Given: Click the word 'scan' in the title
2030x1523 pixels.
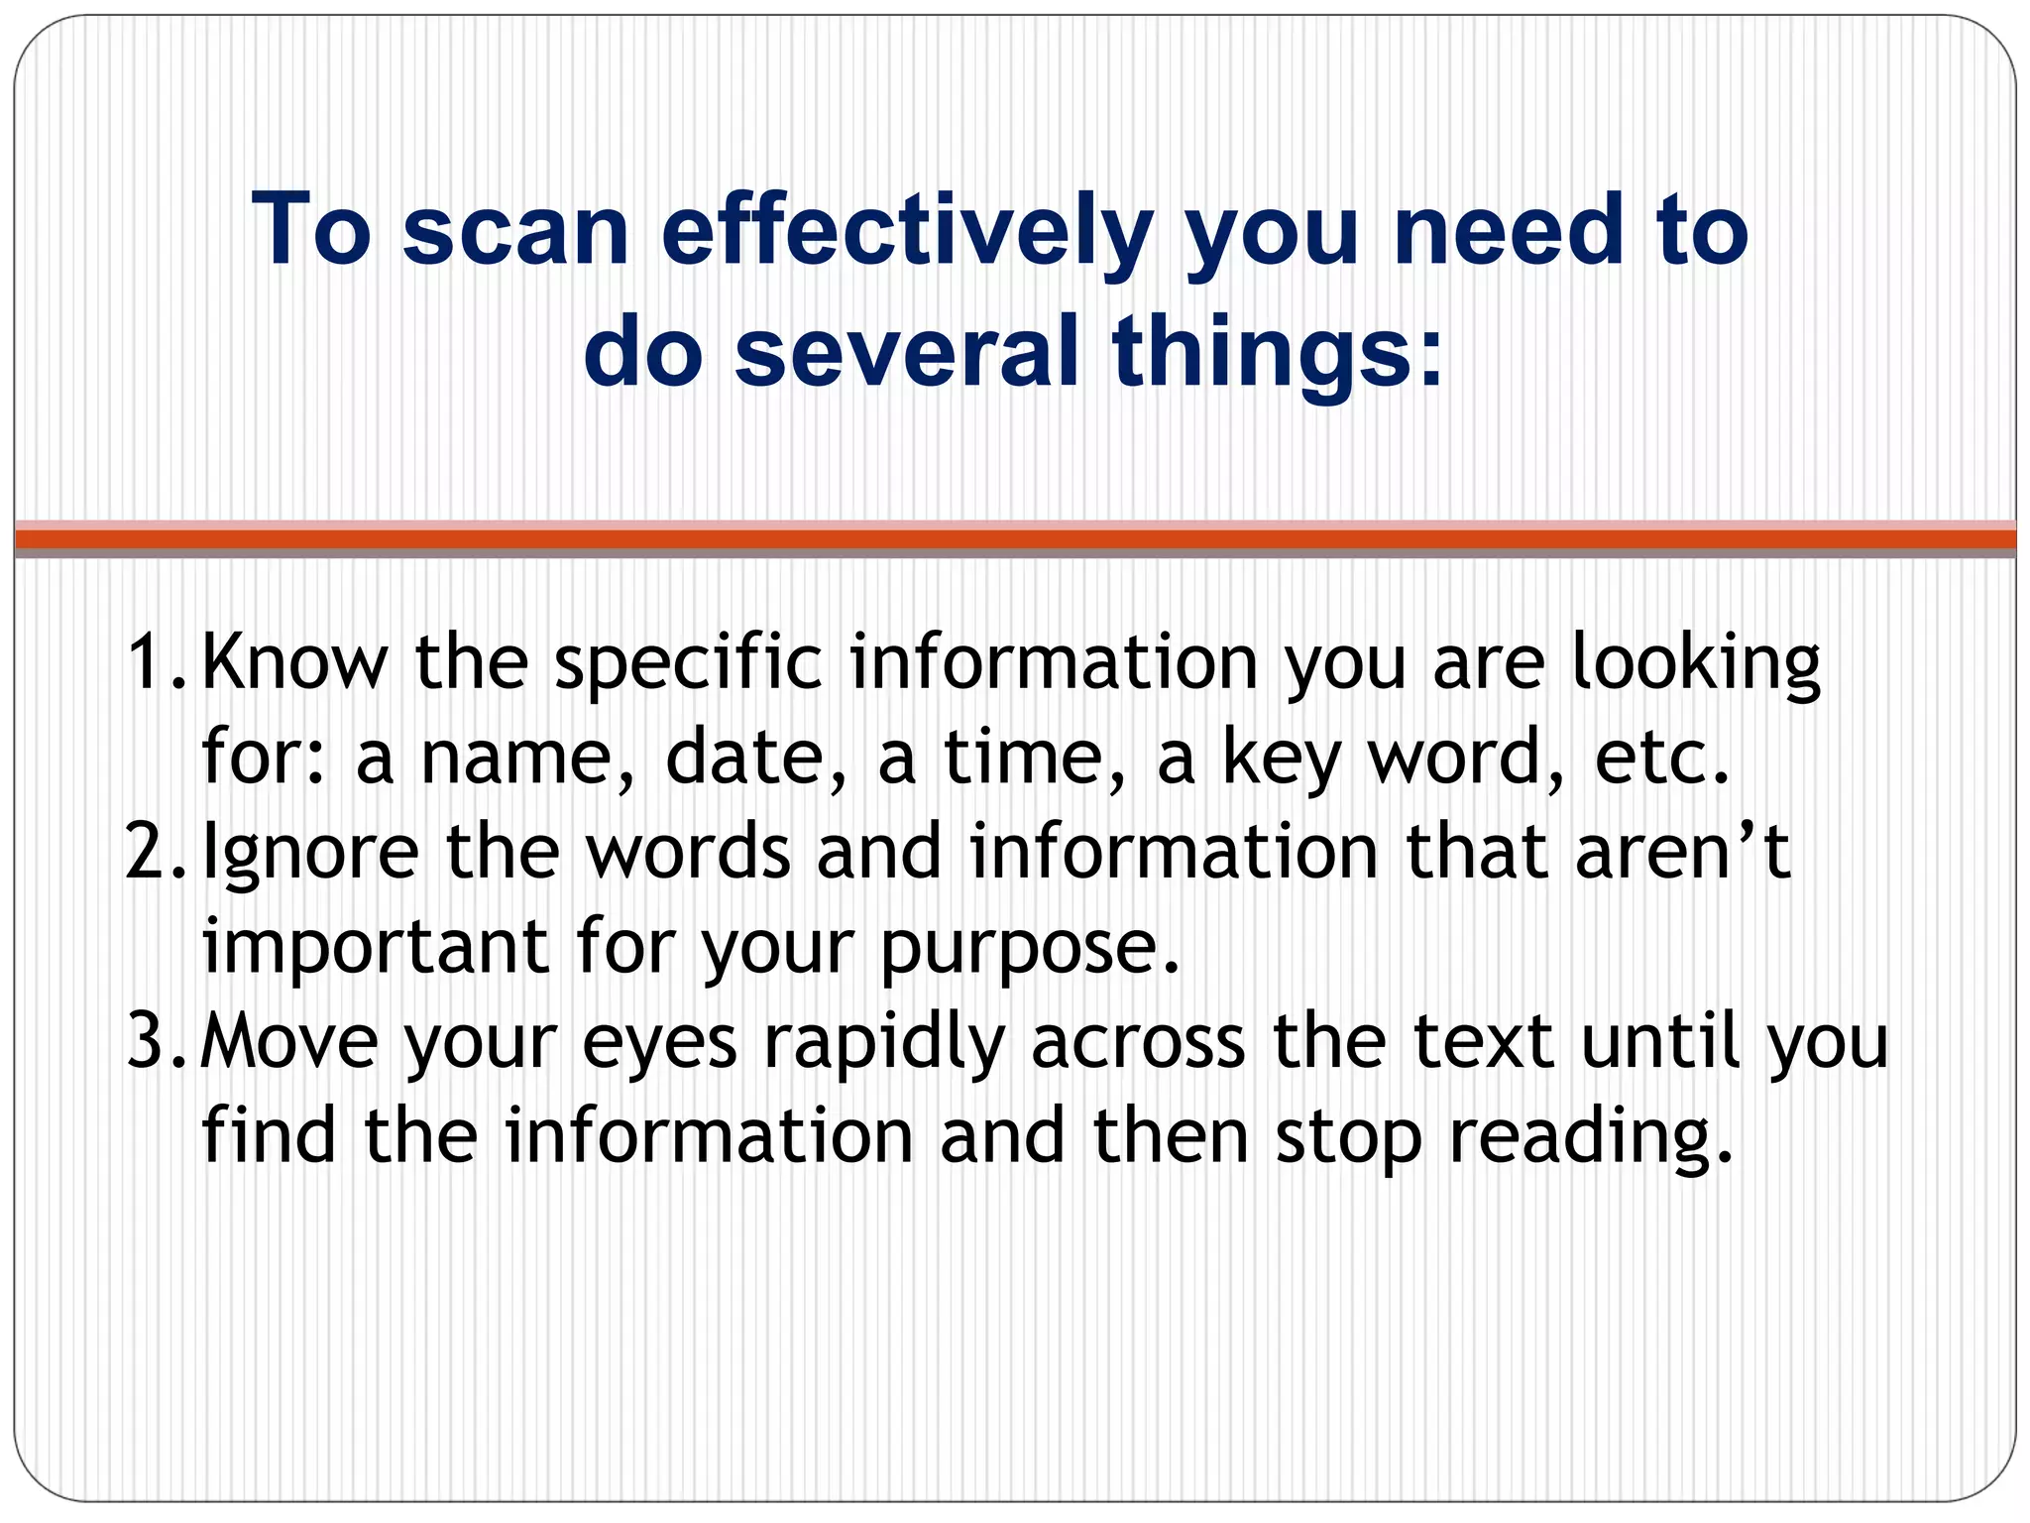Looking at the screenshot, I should (x=515, y=233).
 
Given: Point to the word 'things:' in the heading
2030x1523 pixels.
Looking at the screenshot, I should (x=1279, y=355).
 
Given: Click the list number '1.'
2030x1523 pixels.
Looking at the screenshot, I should (x=155, y=662).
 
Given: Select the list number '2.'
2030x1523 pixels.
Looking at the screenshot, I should (x=155, y=853).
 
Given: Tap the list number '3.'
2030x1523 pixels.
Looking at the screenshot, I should (x=155, y=1042).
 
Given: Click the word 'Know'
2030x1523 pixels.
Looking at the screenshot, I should (x=295, y=662).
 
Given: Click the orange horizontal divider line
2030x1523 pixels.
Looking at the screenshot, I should (x=1015, y=538).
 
